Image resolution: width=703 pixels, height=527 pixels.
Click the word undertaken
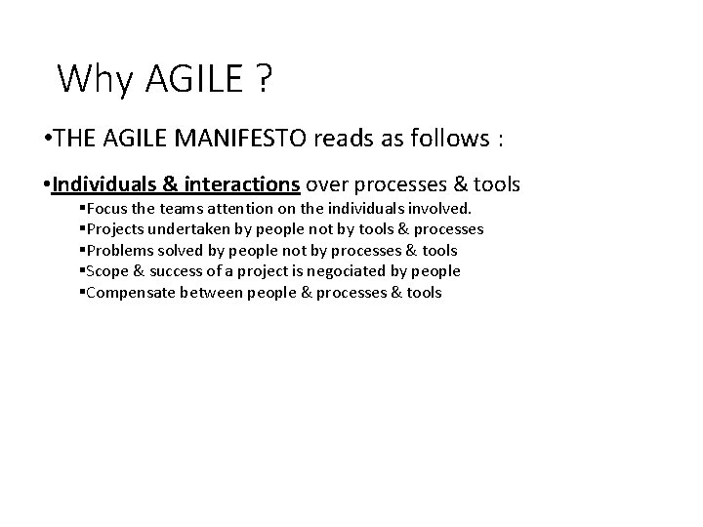tap(183, 229)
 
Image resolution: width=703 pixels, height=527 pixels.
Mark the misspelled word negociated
tap(355, 271)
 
